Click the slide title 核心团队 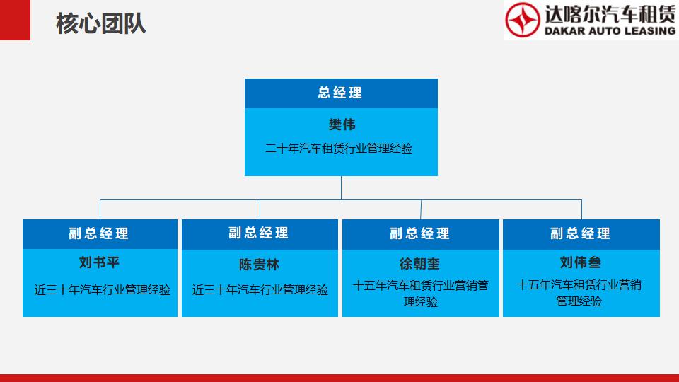coord(101,23)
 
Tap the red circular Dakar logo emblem coord(523,20)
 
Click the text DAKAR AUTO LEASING coord(610,30)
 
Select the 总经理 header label coord(340,93)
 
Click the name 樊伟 coord(342,125)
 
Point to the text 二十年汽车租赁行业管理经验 coord(339,149)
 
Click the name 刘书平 coord(99,262)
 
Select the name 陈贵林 coord(259,264)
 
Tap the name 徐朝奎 coord(419,264)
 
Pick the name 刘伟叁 coord(580,262)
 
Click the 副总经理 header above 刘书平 coord(99,234)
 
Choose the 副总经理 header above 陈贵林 coord(259,233)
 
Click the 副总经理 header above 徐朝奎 coord(419,234)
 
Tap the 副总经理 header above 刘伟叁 coord(580,234)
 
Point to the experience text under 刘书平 coord(102,290)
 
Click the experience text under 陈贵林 coord(260,290)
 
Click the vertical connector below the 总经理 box coord(341,188)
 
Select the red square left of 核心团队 coord(15,20)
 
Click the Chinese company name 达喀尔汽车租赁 coord(610,14)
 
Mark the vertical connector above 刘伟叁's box coord(581,209)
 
